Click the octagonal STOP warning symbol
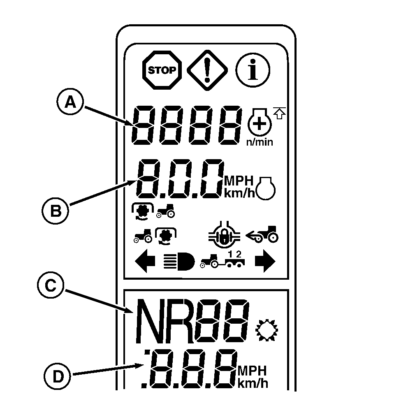(x=162, y=70)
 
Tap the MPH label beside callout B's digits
(x=239, y=181)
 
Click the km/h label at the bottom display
(x=252, y=384)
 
